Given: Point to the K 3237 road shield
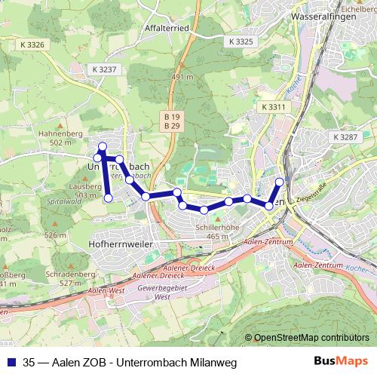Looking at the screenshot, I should (x=105, y=69).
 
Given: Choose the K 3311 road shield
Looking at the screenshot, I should (x=274, y=108).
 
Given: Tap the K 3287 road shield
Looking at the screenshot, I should (x=345, y=136).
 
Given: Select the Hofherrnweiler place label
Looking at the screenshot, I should (x=121, y=245).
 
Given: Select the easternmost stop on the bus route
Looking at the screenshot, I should (x=280, y=182).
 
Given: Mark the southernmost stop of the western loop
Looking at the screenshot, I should (x=108, y=198).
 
